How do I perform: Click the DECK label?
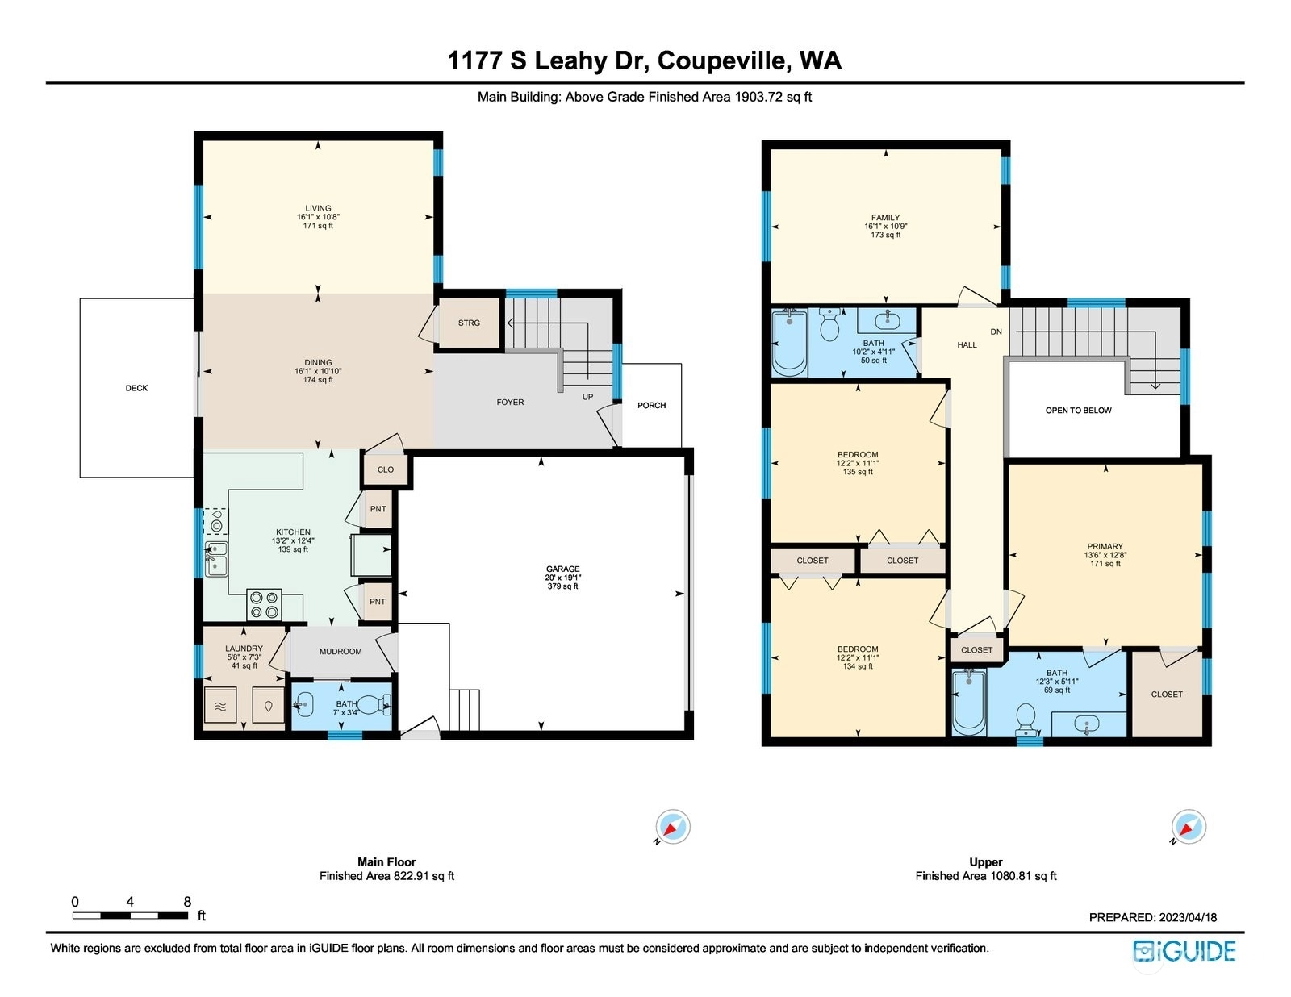136,388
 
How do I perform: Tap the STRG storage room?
469,323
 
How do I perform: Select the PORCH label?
651,406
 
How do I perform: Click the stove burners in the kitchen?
265,604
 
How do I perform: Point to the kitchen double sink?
216,559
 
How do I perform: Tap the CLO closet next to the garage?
386,469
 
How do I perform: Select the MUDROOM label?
341,652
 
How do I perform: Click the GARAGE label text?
562,569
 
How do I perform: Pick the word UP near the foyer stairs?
587,397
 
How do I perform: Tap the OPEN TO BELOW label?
1078,411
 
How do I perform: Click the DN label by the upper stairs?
996,332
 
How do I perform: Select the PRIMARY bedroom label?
1105,546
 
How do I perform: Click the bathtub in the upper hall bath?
790,343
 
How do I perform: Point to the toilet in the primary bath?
1026,719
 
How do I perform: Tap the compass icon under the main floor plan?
673,827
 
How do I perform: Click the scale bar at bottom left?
130,916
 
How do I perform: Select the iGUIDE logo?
1184,951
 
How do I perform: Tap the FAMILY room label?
885,218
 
